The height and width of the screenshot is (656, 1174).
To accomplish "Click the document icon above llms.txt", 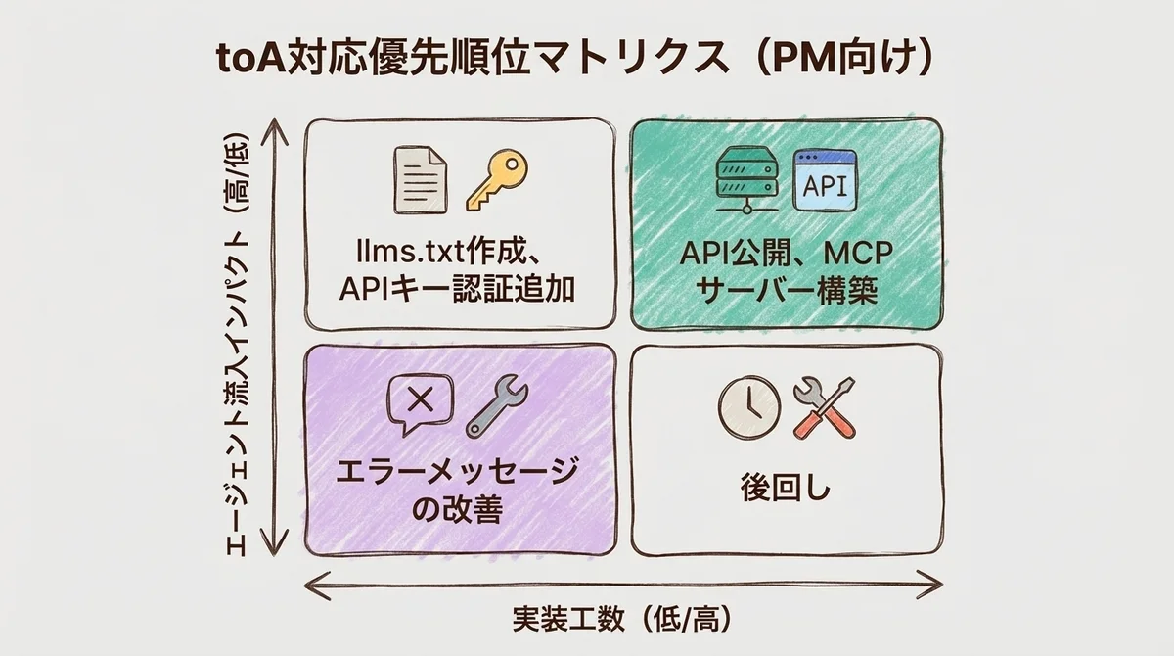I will (x=421, y=179).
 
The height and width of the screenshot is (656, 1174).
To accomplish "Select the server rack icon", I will (x=746, y=178).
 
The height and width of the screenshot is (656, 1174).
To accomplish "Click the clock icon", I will (x=748, y=407).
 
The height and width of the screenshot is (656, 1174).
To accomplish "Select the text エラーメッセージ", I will (x=460, y=473).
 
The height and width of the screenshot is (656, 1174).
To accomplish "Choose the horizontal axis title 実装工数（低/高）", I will (x=622, y=621).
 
